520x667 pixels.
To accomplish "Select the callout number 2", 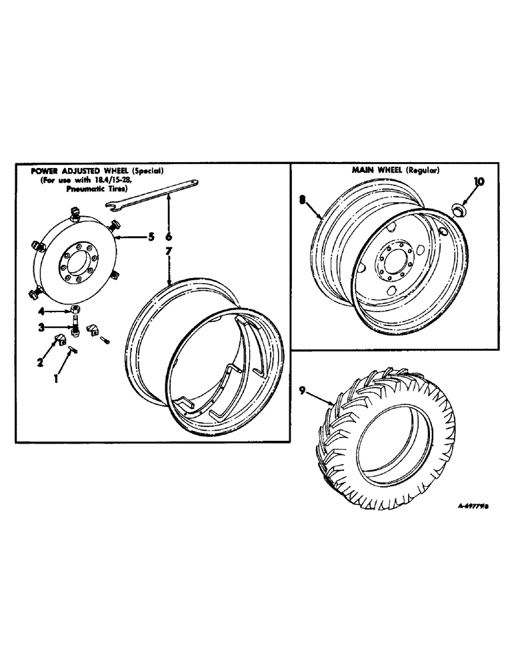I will point(40,362).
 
